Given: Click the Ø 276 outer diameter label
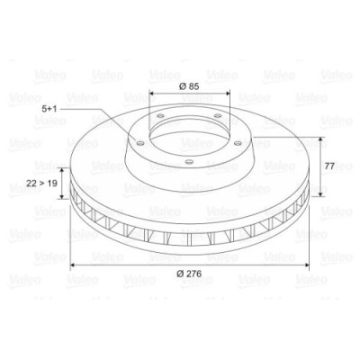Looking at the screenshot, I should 189,273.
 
